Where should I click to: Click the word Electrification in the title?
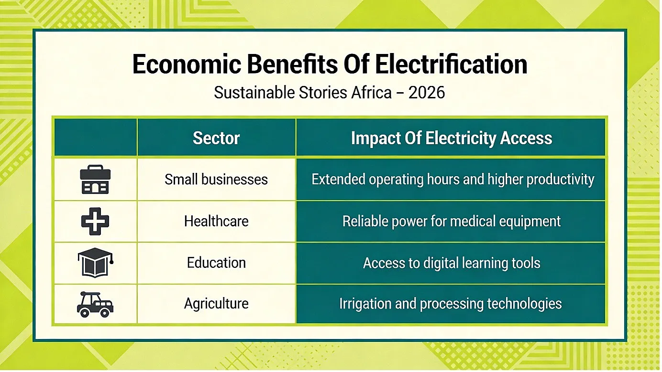click(451, 64)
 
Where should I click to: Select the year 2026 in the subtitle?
click(427, 93)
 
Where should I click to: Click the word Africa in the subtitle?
click(372, 93)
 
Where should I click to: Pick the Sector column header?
click(216, 138)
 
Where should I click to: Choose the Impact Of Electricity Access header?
click(451, 138)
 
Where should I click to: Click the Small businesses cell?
click(216, 180)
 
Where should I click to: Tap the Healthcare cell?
click(216, 221)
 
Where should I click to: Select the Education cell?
click(216, 263)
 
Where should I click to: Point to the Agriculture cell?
click(216, 304)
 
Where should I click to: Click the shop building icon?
click(95, 180)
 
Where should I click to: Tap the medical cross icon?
click(95, 221)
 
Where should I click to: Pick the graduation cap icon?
click(95, 263)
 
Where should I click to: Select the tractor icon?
click(95, 305)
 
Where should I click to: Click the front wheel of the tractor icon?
click(105, 313)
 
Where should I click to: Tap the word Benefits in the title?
click(292, 64)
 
